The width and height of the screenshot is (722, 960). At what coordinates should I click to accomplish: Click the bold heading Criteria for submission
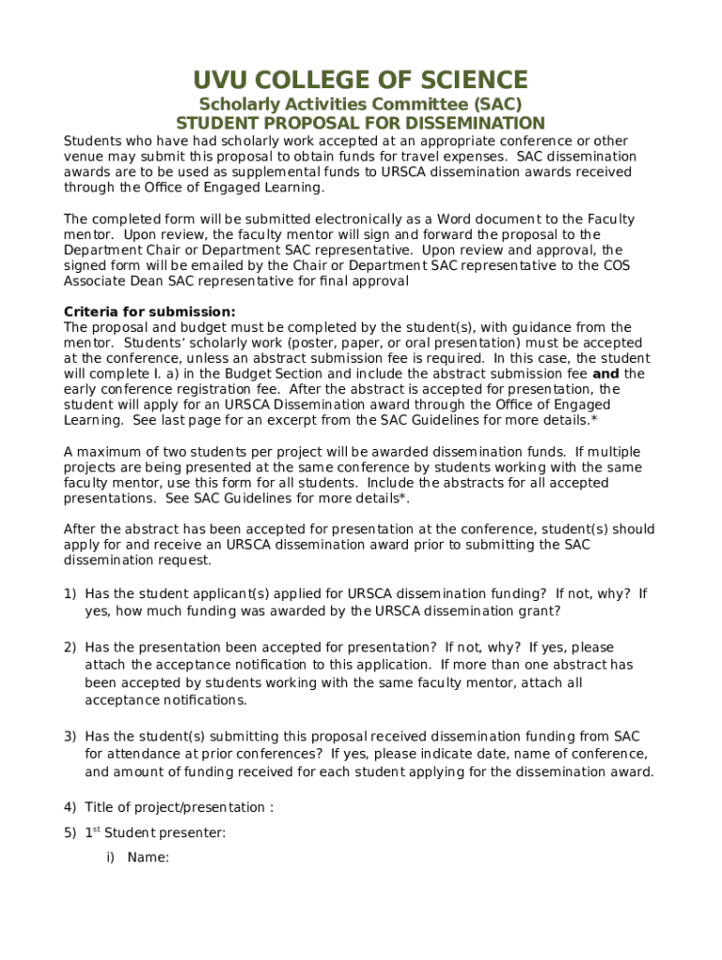click(x=149, y=311)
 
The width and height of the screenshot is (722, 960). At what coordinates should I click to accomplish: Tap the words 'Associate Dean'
click(x=110, y=281)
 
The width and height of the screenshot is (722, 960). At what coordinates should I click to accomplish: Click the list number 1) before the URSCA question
click(x=69, y=593)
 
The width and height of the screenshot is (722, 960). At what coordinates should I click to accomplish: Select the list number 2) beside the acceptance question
click(x=69, y=647)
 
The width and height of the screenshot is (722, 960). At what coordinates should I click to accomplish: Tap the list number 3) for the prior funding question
click(x=69, y=737)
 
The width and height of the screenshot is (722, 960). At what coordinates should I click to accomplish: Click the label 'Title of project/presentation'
click(x=174, y=807)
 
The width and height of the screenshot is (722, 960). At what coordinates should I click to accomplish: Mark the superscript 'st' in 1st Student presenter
click(x=96, y=830)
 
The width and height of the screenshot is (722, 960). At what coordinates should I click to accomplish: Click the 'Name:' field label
click(x=148, y=856)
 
